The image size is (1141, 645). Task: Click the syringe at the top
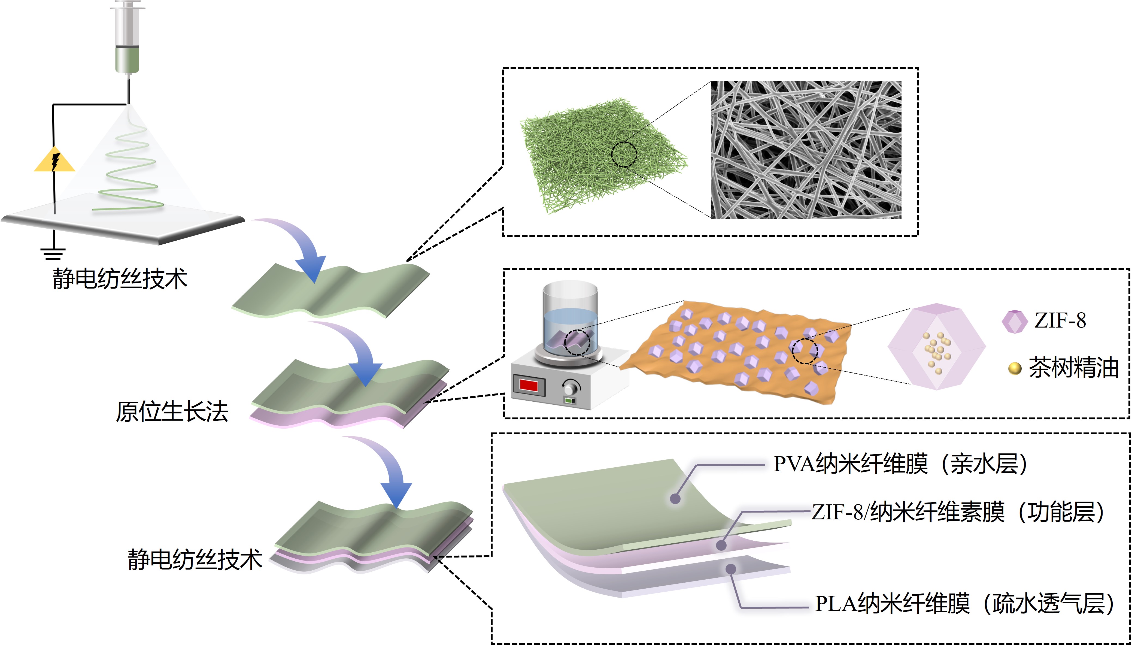pos(128,38)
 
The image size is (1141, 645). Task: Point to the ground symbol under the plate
pos(53,253)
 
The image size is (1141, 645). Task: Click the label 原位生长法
pos(172,412)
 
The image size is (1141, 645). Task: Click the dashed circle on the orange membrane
pos(805,351)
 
